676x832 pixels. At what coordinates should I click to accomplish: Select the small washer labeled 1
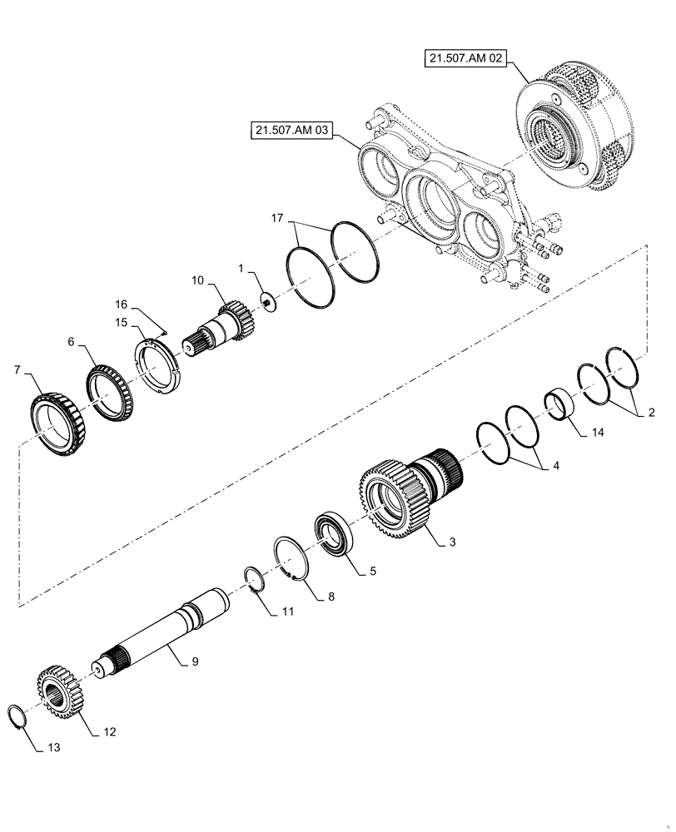(x=268, y=301)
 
